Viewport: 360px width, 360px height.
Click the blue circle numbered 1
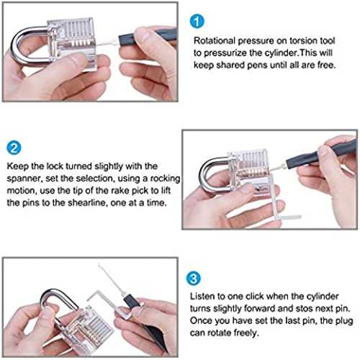click(x=197, y=22)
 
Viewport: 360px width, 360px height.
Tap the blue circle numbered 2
click(x=14, y=148)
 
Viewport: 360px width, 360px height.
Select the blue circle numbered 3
click(x=194, y=279)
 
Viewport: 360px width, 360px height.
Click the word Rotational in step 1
click(x=215, y=41)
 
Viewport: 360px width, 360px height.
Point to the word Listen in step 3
click(x=202, y=297)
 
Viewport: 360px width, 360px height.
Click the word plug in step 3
click(x=344, y=321)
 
